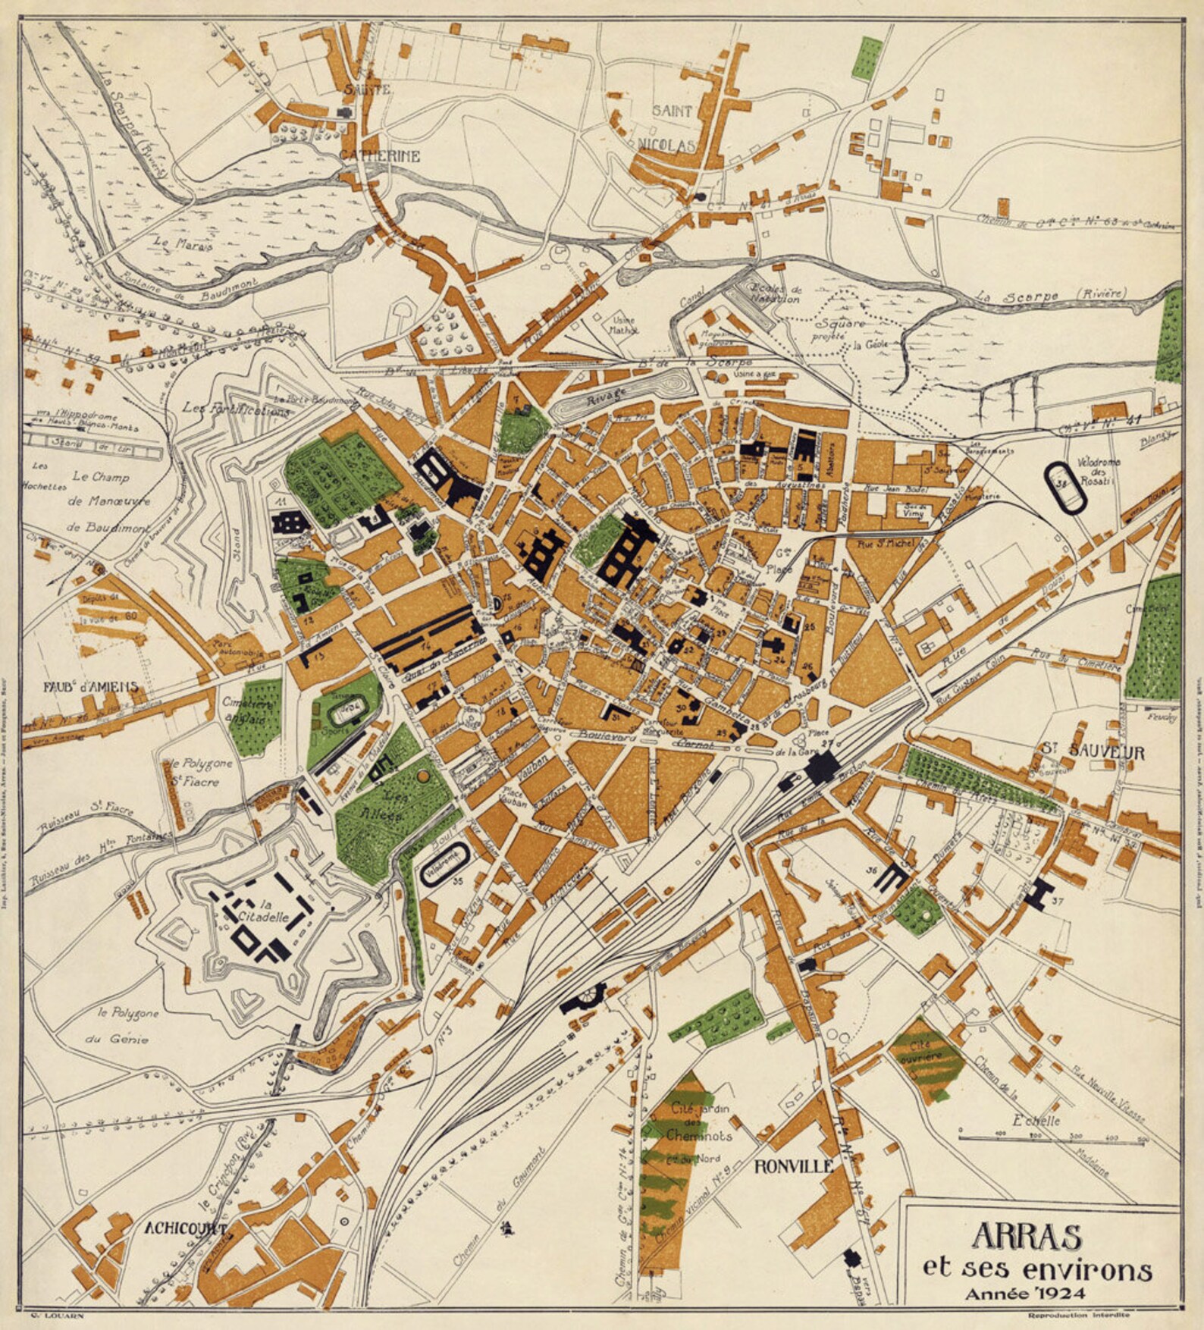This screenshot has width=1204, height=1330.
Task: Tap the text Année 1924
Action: pyautogui.click(x=1025, y=1294)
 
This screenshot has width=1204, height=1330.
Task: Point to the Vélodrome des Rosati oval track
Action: pyautogui.click(x=1066, y=488)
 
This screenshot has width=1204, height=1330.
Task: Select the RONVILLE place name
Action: pyautogui.click(x=793, y=1166)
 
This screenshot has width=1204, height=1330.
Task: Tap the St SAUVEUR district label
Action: pyautogui.click(x=1092, y=753)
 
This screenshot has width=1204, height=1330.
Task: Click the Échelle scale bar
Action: pyautogui.click(x=1052, y=1137)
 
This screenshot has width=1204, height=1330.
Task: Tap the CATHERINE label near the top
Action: pyautogui.click(x=379, y=156)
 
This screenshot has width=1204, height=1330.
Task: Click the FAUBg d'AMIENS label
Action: pyautogui.click(x=91, y=687)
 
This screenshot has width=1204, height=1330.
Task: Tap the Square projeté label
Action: pyautogui.click(x=838, y=329)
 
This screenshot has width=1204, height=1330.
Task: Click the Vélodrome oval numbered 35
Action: pyautogui.click(x=445, y=864)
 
